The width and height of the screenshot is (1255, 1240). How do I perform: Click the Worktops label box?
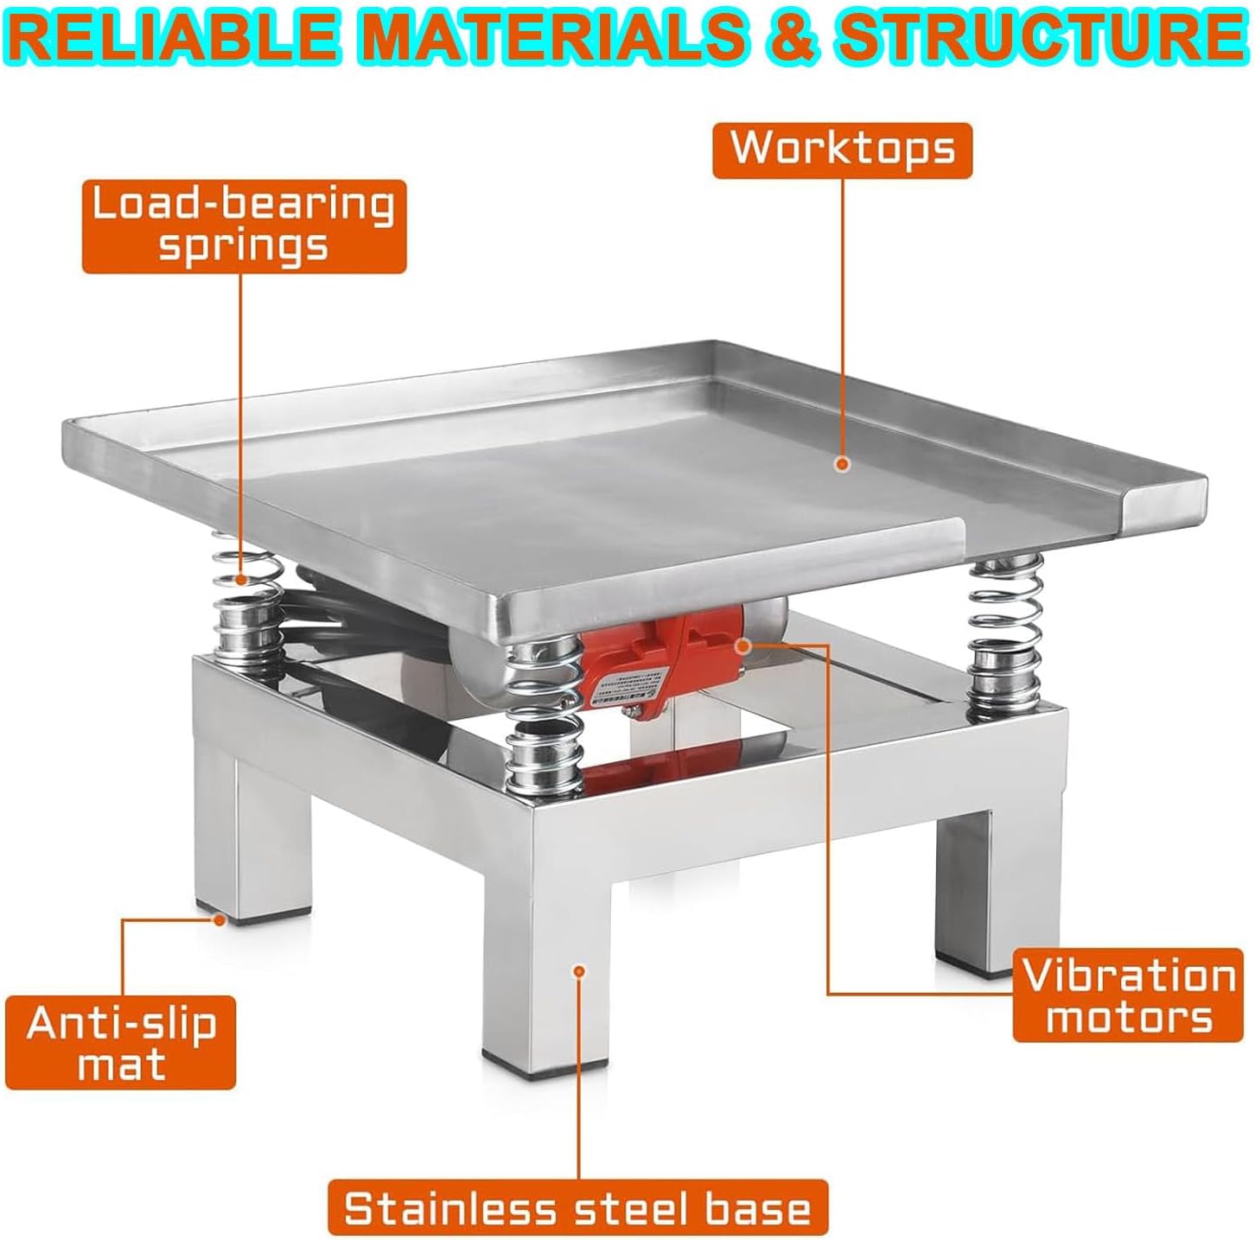point(842,149)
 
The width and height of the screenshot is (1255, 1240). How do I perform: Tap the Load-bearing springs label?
point(244,226)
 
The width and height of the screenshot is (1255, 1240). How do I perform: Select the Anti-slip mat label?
point(121,1042)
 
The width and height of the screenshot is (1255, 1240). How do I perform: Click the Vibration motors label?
point(1129,995)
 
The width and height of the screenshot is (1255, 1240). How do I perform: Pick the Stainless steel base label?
point(577,1207)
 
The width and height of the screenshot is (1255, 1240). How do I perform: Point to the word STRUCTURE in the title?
point(1038,36)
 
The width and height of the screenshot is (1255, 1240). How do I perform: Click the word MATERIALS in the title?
point(552,36)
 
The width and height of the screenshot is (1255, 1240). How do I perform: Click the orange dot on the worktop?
point(843,464)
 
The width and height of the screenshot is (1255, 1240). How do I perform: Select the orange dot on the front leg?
point(579,970)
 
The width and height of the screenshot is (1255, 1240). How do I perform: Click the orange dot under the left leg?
point(220,920)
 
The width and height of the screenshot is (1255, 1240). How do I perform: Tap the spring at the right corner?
point(1006,631)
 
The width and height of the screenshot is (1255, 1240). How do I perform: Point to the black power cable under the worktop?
point(363,609)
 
